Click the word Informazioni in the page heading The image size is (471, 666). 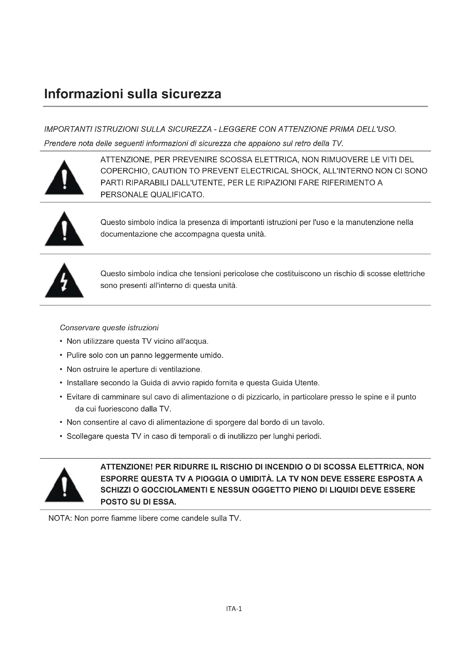[x=84, y=94]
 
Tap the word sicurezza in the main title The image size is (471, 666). [x=191, y=94]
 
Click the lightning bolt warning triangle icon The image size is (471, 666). [x=64, y=280]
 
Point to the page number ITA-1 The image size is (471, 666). [x=234, y=608]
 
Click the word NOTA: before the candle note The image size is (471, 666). [x=60, y=518]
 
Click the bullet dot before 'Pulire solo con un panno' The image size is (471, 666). [x=61, y=355]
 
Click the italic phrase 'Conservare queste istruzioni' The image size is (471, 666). [x=109, y=328]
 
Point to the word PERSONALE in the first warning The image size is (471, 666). [x=124, y=195]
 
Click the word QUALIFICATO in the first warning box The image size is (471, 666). [x=177, y=195]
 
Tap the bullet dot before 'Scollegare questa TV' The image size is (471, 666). [x=61, y=436]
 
